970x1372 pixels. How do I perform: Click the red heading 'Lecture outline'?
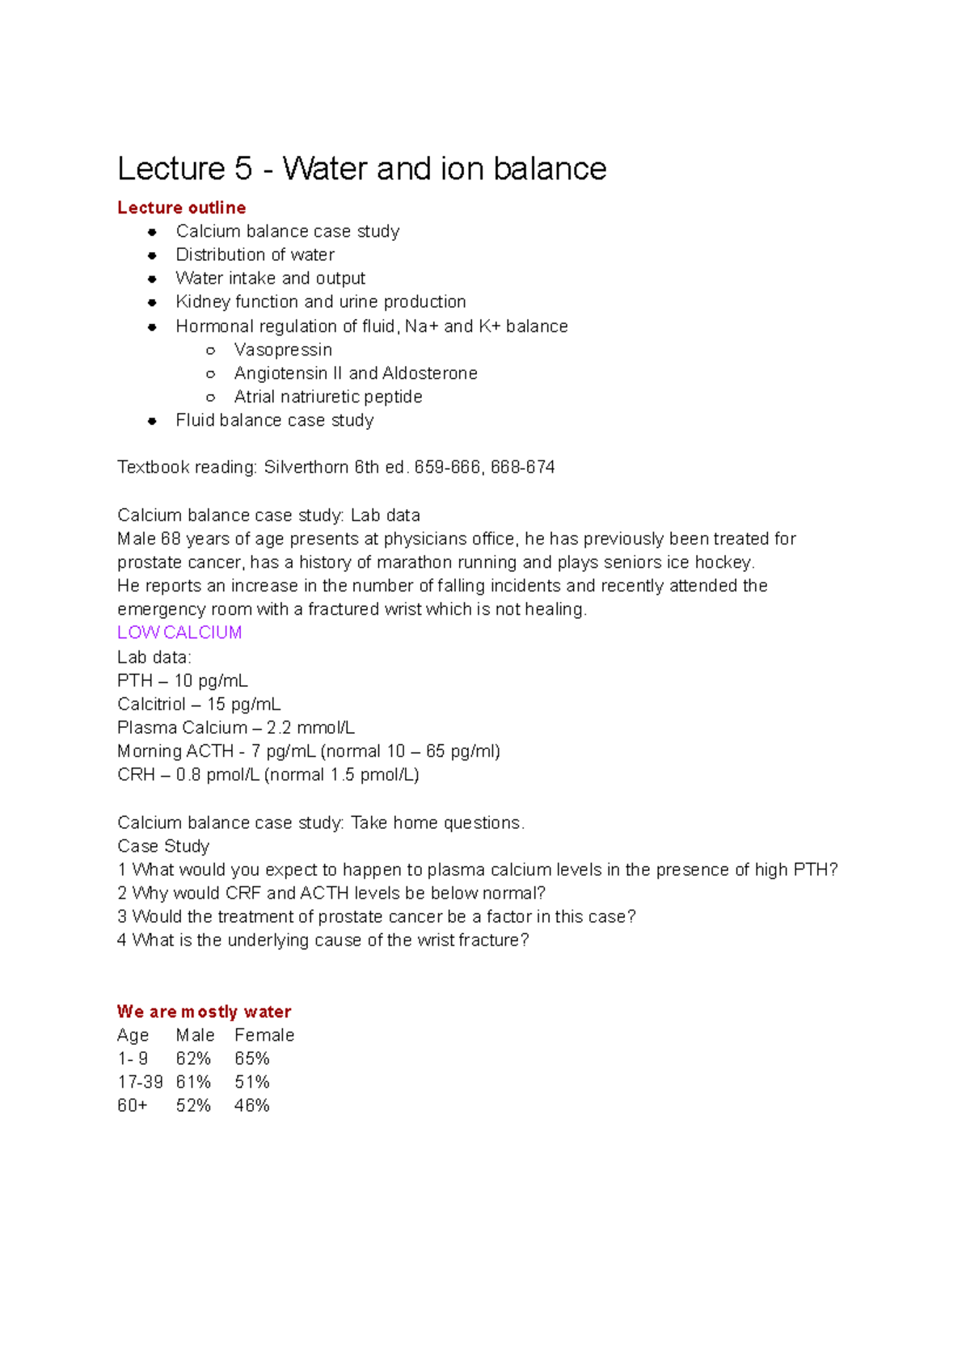(x=181, y=208)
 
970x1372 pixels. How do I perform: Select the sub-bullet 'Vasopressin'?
(x=283, y=350)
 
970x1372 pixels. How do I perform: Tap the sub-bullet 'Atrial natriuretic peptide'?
(x=328, y=397)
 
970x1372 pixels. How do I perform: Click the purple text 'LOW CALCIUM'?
(x=179, y=633)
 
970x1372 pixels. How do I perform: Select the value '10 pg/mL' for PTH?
(x=211, y=680)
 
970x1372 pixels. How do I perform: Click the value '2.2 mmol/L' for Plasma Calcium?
(x=310, y=727)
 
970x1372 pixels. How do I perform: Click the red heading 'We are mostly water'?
(x=204, y=1012)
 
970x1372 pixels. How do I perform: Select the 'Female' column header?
(x=264, y=1035)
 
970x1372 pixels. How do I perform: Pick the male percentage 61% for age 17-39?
(x=193, y=1082)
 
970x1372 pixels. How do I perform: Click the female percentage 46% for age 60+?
(x=251, y=1105)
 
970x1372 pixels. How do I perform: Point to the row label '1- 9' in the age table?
(x=133, y=1058)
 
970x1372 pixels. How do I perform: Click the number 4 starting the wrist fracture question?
(x=122, y=941)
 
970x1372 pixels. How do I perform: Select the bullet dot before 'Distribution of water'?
(x=152, y=255)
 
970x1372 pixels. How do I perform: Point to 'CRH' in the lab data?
(x=136, y=775)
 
